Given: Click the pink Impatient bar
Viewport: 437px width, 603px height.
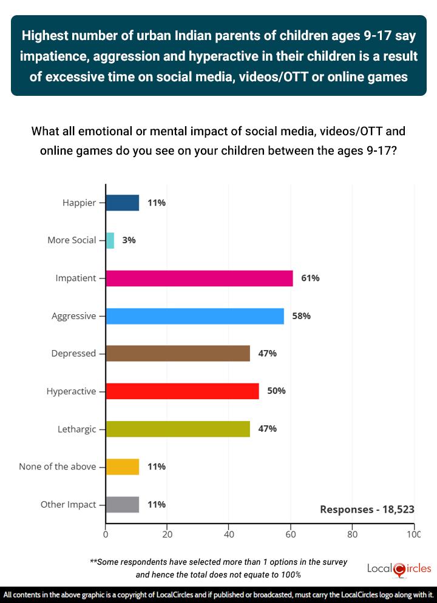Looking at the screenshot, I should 199,278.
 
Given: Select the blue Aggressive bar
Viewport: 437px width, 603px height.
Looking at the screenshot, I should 195,316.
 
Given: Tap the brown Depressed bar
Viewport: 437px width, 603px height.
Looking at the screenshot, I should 178,354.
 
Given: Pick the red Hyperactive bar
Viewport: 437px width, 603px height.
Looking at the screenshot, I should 182,391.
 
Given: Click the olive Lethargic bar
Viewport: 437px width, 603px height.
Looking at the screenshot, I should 178,429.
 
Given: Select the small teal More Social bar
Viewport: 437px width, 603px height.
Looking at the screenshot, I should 110,240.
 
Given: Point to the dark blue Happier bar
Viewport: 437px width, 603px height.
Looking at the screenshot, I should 123,203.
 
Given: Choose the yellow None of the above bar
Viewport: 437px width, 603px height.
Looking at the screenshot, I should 123,467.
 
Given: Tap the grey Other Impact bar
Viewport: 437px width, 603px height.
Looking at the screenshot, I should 123,504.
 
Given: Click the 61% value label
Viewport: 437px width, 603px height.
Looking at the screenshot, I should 310,278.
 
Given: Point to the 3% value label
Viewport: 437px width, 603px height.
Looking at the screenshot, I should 129,240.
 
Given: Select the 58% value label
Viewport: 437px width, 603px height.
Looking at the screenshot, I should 301,316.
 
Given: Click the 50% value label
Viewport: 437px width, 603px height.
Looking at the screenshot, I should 276,391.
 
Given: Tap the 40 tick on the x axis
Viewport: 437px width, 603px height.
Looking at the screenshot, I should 229,535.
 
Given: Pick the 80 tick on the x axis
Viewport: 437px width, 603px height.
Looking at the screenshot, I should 352,535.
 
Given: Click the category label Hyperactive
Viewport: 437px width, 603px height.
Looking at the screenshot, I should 71,391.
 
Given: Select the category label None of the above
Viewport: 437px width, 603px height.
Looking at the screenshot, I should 58,467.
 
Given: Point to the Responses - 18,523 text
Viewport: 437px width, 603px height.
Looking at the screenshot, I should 367,510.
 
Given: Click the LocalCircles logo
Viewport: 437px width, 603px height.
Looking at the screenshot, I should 399,569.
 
